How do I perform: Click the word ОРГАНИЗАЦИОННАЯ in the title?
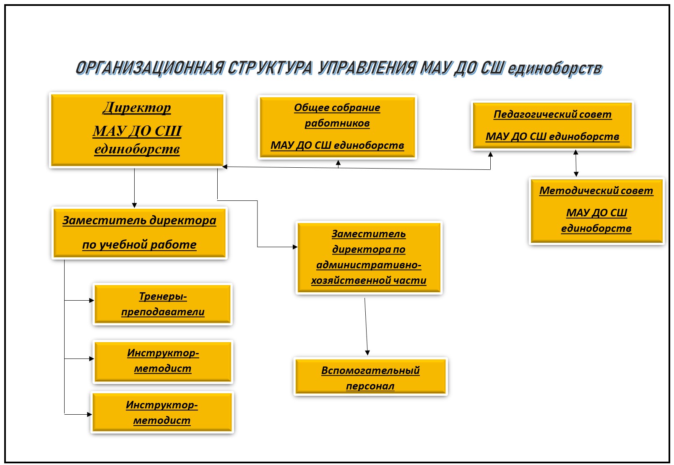pyautogui.click(x=150, y=68)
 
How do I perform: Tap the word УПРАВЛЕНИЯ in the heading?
pyautogui.click(x=367, y=68)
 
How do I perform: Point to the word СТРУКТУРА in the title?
pyautogui.click(x=270, y=68)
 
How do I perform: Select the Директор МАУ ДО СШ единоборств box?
pyautogui.click(x=137, y=130)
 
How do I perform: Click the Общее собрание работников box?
pyautogui.click(x=337, y=127)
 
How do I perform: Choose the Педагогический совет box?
pyautogui.click(x=552, y=125)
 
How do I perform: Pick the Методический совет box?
pyautogui.click(x=596, y=210)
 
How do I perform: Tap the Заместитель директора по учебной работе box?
pyautogui.click(x=139, y=233)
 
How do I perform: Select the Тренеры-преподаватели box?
pyautogui.click(x=163, y=304)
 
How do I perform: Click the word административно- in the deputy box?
pyautogui.click(x=369, y=265)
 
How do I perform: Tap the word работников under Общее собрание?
pyautogui.click(x=337, y=123)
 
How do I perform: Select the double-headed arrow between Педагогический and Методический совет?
pyautogui.click(x=576, y=164)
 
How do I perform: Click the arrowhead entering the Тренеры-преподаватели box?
pyautogui.click(x=91, y=300)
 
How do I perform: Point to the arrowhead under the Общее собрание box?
pyautogui.click(x=338, y=163)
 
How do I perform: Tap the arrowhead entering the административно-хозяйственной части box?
pyautogui.click(x=295, y=247)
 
